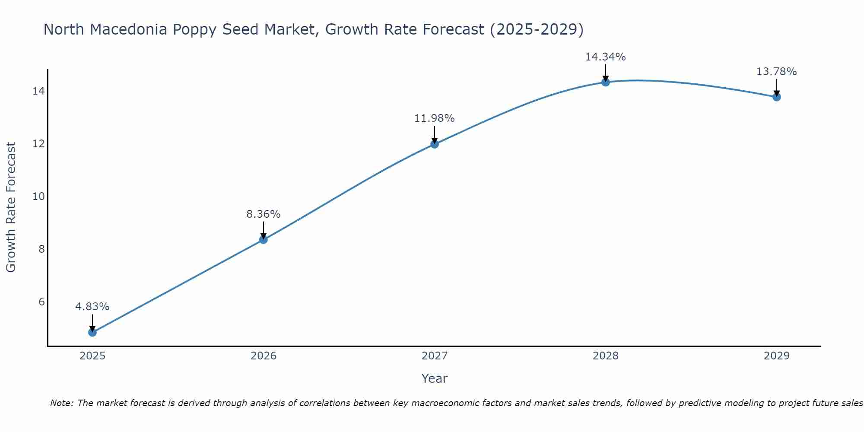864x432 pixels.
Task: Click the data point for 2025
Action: pos(92,332)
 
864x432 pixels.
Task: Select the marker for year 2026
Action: pos(264,239)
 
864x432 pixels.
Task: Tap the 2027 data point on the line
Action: pos(435,144)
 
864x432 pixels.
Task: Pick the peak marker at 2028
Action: pos(606,82)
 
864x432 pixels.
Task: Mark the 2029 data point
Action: pos(777,97)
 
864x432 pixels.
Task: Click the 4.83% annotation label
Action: pos(92,307)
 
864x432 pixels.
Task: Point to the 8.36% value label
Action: pos(264,214)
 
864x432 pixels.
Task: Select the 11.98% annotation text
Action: pos(435,118)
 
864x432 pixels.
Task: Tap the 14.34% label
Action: pos(606,57)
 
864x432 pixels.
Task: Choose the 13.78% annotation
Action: pos(777,72)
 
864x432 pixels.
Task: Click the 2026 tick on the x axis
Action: pos(264,356)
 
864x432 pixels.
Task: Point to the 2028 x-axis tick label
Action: pos(606,356)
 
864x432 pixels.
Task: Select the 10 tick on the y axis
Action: pos(38,197)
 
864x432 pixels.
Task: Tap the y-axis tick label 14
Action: pos(38,91)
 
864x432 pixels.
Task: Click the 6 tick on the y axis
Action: pos(41,302)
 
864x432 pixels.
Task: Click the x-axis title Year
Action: pos(435,378)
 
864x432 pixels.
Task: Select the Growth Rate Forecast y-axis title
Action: pos(11,207)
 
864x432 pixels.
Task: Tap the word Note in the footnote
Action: pos(61,403)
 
